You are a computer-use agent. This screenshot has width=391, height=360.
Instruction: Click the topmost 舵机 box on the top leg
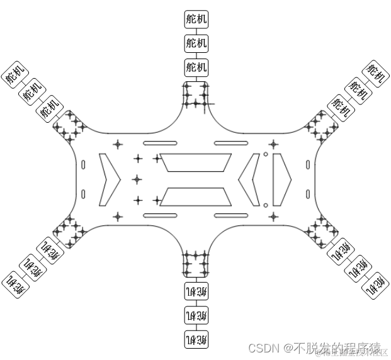pos(196,20)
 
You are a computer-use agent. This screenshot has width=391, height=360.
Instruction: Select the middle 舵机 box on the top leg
pos(196,43)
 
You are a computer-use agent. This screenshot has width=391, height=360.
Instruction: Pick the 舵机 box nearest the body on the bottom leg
pos(196,291)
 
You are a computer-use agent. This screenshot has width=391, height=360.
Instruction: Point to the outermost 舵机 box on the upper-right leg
pos(376,74)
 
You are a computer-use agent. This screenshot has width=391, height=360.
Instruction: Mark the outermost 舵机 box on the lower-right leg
pos(377,284)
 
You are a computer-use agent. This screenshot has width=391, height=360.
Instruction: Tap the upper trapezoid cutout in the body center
pos(195,163)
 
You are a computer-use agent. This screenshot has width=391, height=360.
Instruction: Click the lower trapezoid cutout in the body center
pos(195,196)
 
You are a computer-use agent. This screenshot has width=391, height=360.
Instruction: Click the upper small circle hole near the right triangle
pos(266,154)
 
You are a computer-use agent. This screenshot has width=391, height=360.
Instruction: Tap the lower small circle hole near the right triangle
pos(266,205)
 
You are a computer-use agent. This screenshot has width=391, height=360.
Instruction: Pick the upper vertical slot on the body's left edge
pos(84,165)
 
